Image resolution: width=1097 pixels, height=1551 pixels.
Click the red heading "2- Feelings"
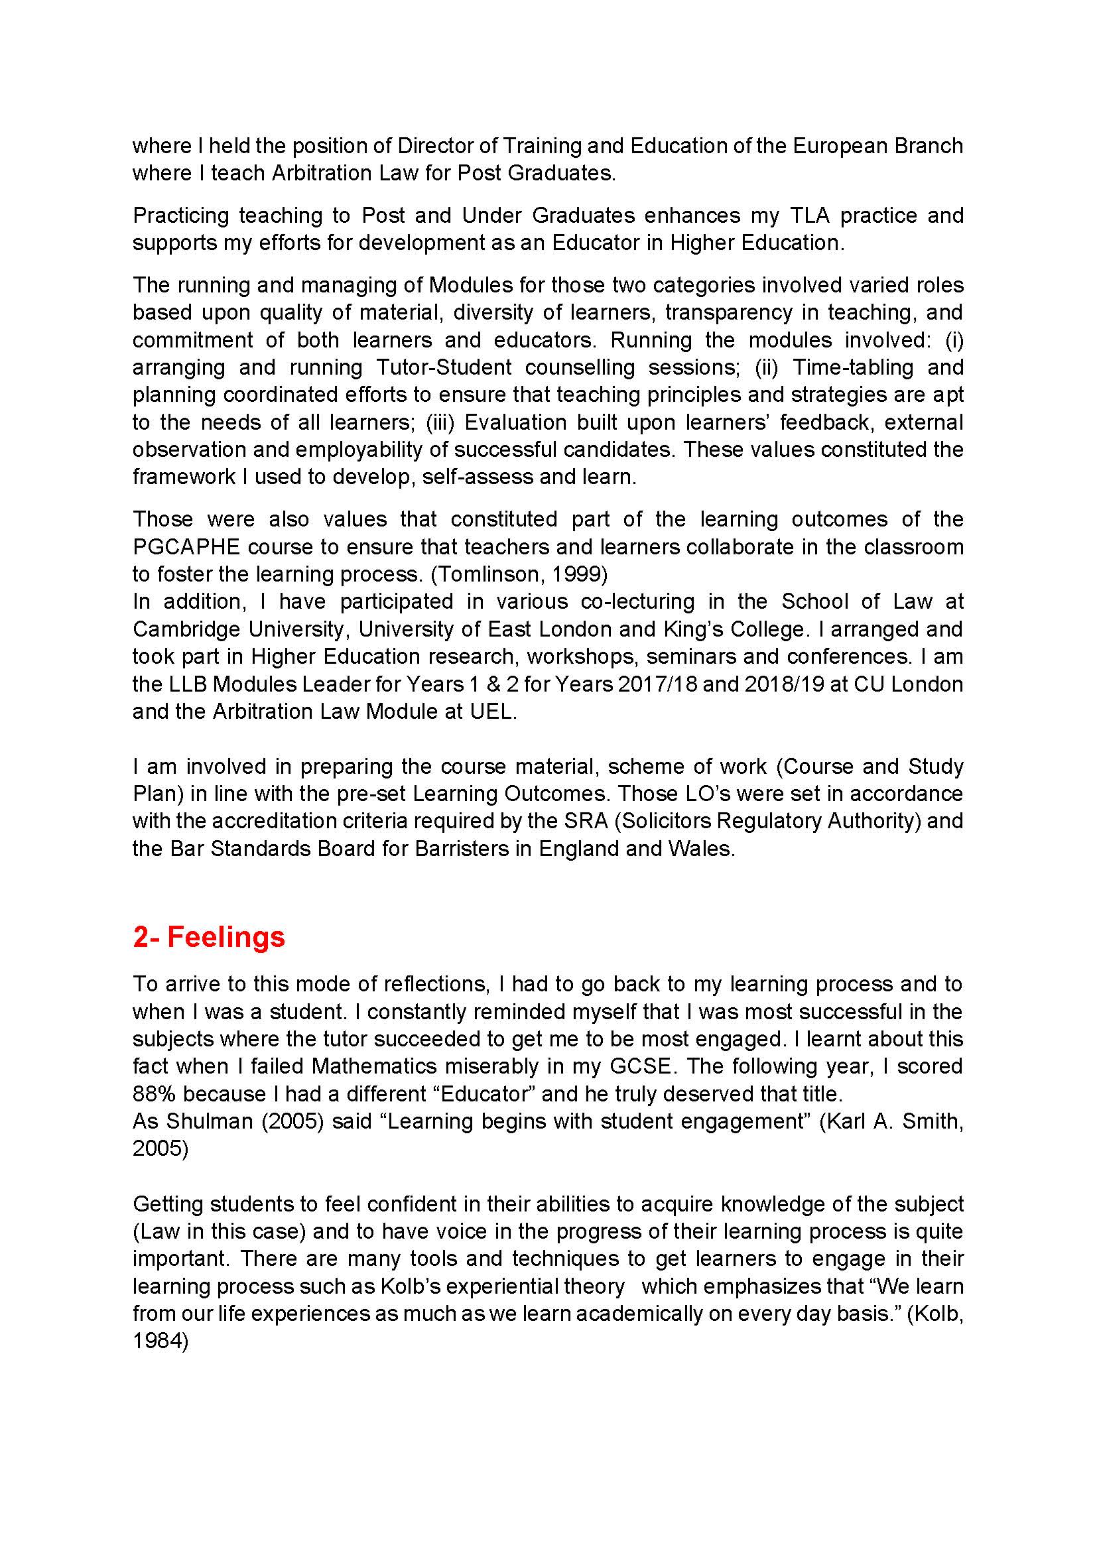[x=209, y=937]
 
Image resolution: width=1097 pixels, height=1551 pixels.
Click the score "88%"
[x=153, y=1093]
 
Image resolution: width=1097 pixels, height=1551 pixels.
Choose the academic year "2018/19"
[x=774, y=684]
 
